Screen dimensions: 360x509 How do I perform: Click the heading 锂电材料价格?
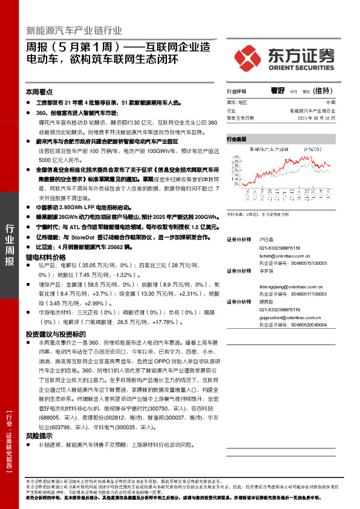tap(47, 257)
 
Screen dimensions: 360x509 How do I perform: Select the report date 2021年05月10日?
tap(321, 118)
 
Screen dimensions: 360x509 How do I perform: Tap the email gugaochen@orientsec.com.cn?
tap(291, 317)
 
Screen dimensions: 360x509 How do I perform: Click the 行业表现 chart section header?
tap(238, 139)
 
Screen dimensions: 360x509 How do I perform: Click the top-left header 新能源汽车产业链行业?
tap(74, 31)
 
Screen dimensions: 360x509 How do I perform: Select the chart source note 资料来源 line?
tap(262, 214)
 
